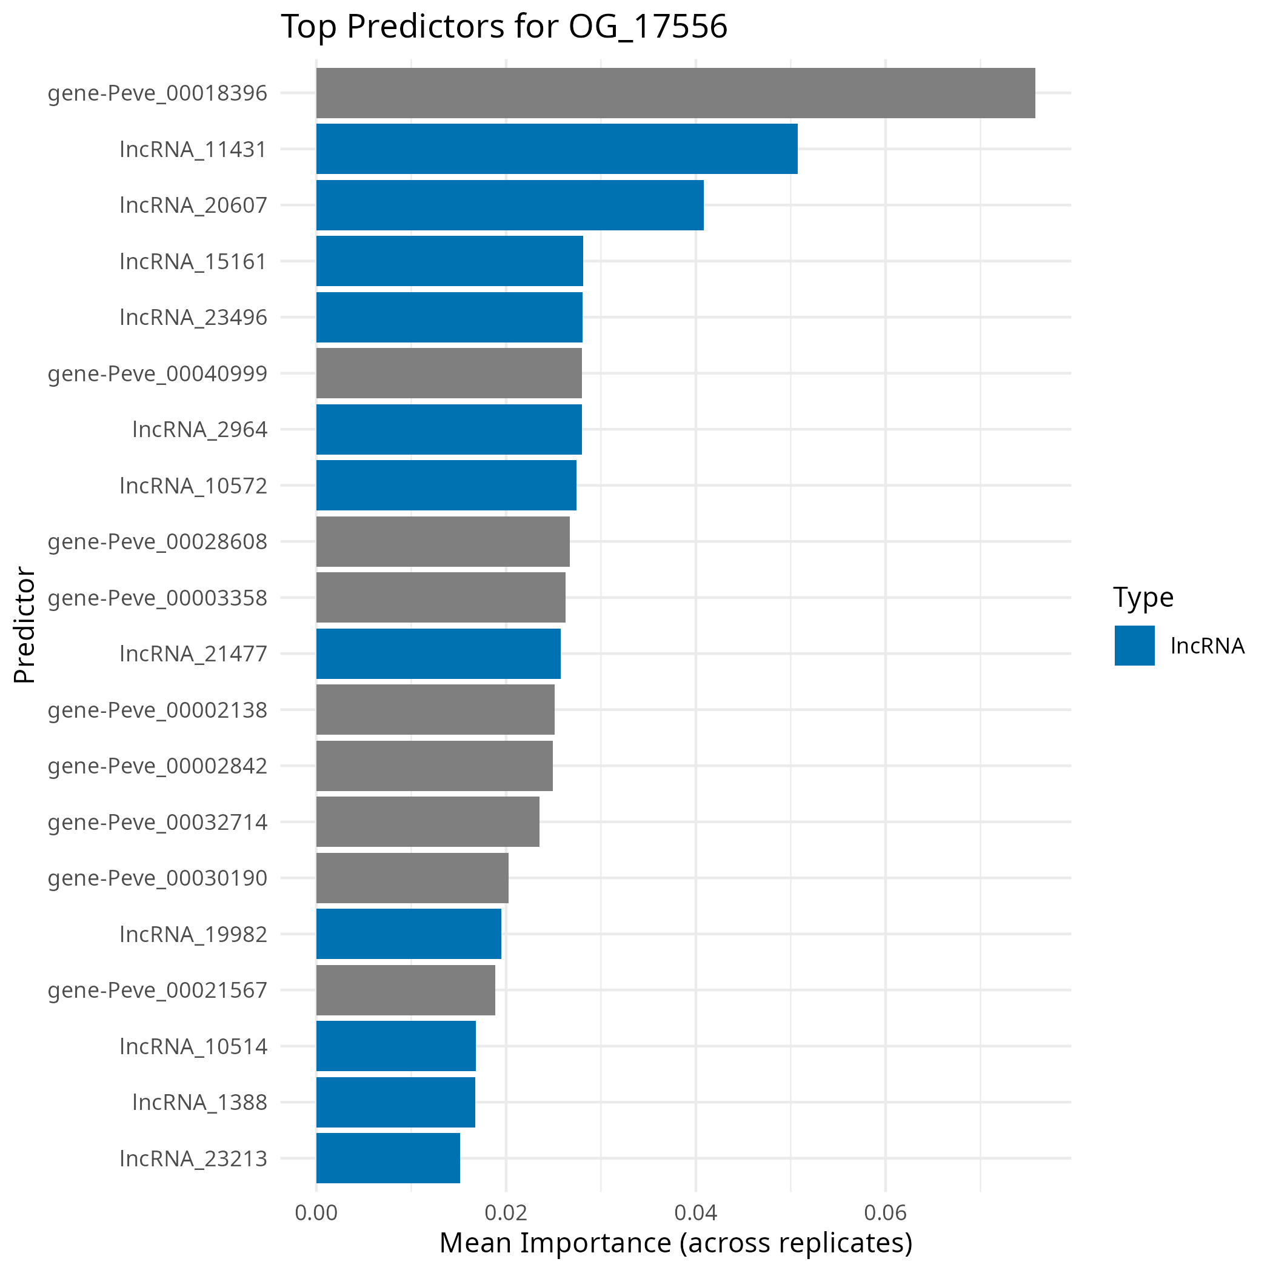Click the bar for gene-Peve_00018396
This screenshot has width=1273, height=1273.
[x=675, y=93]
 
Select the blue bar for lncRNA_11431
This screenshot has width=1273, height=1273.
[x=556, y=149]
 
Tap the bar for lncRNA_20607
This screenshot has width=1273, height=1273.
[x=509, y=205]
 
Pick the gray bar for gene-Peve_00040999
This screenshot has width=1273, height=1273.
[x=449, y=373]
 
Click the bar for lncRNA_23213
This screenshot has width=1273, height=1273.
[x=387, y=1158]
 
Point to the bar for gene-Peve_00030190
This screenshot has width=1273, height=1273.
[x=412, y=878]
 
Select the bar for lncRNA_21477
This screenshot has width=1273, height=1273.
[x=438, y=653]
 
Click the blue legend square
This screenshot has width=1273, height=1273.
[x=1135, y=646]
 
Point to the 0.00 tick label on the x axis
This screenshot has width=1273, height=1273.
[x=316, y=1213]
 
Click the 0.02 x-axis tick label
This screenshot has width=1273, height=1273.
[x=506, y=1213]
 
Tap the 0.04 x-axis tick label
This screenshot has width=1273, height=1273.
[x=696, y=1213]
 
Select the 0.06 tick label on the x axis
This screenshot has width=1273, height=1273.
[x=886, y=1213]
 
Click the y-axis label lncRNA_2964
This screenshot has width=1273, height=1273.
[x=199, y=430]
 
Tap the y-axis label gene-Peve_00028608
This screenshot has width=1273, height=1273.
[x=158, y=541]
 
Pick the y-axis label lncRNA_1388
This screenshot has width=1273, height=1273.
[x=199, y=1102]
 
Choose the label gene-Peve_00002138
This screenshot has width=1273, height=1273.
[x=158, y=710]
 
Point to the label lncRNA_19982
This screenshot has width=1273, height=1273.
[x=193, y=934]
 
